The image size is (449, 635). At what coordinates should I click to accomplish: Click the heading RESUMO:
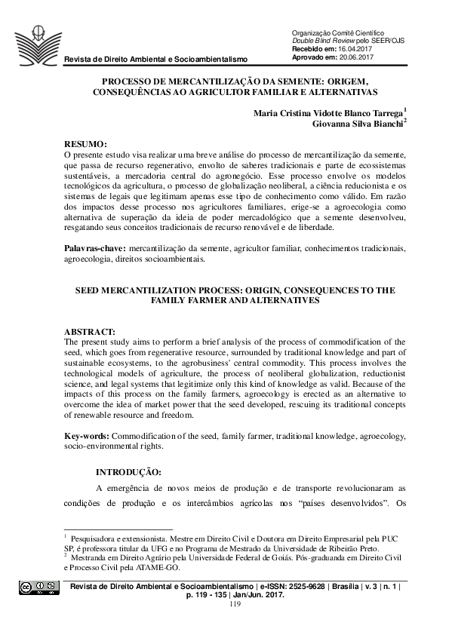point(85,143)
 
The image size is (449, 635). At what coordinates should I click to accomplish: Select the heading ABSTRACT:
point(90,331)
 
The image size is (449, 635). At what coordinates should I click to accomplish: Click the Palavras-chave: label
point(95,248)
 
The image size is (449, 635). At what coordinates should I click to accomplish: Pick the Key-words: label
point(86,436)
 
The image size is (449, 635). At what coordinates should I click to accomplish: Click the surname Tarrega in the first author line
point(383,111)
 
